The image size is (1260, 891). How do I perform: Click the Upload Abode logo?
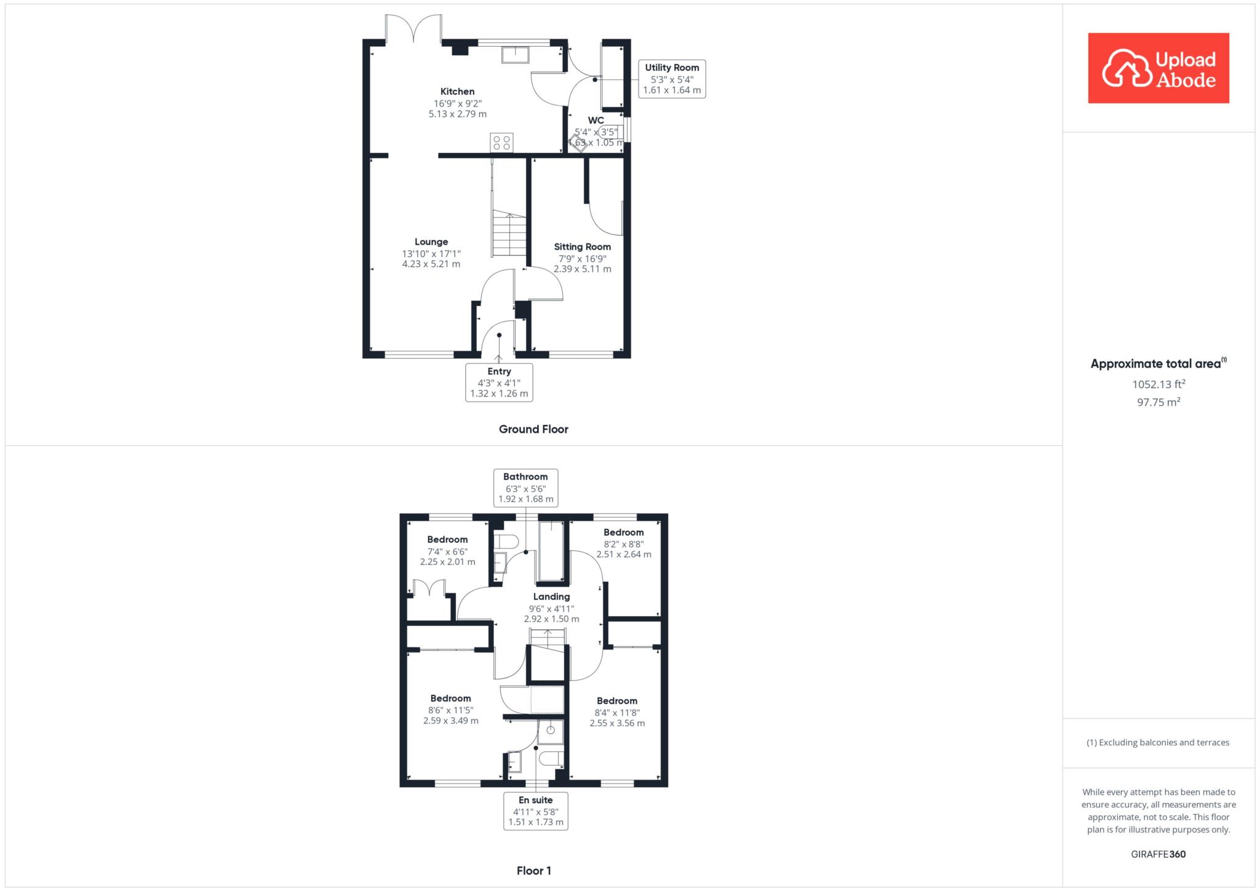[x=1158, y=68]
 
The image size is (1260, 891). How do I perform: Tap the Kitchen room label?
[x=457, y=92]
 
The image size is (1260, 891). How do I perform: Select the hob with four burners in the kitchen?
[x=501, y=143]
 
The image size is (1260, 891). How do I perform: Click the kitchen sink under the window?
[x=515, y=55]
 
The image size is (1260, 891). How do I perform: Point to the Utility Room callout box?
[x=671, y=79]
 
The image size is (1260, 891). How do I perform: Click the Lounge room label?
[x=431, y=242]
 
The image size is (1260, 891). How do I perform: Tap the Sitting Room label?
[x=582, y=247]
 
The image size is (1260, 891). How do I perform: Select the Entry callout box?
[x=499, y=382]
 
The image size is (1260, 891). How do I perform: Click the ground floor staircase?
[x=509, y=234]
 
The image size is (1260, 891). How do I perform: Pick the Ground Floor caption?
[x=533, y=429]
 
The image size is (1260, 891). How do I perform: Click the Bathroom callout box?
[x=525, y=488]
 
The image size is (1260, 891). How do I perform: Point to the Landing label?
[x=551, y=596]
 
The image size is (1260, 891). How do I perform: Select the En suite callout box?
[x=535, y=810]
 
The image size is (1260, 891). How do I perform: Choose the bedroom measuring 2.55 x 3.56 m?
[x=617, y=711]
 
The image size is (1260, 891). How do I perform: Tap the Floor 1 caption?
[x=533, y=871]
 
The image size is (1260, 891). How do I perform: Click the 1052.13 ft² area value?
[x=1158, y=384]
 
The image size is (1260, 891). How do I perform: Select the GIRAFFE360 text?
[x=1158, y=854]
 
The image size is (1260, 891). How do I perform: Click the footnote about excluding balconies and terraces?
[x=1158, y=742]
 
